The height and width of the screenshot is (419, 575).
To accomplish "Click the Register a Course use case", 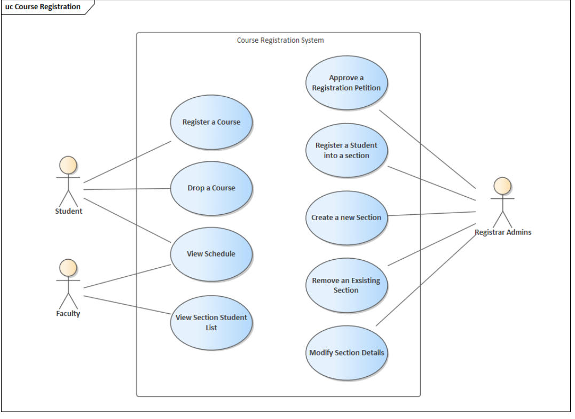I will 211,122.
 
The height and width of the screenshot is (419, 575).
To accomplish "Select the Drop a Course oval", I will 211,188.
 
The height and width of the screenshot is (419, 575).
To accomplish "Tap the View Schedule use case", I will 211,254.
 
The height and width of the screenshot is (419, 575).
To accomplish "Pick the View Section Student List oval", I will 211,322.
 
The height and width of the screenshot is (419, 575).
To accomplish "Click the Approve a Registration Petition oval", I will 346,83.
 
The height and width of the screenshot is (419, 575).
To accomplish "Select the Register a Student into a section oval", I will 346,150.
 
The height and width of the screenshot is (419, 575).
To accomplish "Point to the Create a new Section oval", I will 346,218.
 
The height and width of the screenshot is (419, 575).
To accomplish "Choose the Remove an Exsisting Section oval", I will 346,285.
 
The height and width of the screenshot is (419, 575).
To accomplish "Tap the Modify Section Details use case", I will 346,353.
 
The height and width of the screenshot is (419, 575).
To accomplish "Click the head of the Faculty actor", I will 68,268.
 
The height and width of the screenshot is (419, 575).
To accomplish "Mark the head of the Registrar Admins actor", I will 502,186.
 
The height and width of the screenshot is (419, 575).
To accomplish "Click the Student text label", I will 68,211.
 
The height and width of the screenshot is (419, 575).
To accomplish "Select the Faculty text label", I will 68,314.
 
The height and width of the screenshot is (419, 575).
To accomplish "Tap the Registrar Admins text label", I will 503,232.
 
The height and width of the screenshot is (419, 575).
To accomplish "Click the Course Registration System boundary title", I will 280,40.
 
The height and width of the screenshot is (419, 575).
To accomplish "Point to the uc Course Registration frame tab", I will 43,7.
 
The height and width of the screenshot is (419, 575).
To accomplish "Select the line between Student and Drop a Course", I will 127,189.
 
